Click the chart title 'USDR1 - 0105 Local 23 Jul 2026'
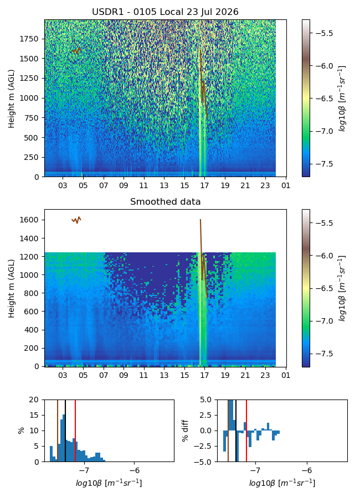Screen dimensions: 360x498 (165, 12)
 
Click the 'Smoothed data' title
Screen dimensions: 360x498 (165, 201)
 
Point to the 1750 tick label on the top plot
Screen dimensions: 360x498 (29, 39)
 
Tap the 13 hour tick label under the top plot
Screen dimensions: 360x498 (164, 185)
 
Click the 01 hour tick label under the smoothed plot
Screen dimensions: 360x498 (286, 375)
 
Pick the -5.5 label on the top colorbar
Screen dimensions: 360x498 (322, 33)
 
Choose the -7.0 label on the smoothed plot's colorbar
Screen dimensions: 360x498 (322, 321)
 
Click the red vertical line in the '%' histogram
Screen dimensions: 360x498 (75, 430)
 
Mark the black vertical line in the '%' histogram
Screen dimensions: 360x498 (65, 430)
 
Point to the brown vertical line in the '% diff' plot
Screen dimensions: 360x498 (228, 430)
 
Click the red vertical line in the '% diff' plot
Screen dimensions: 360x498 (246, 430)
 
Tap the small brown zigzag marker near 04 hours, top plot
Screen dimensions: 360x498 (76, 51)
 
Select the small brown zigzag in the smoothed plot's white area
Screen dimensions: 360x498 (76, 220)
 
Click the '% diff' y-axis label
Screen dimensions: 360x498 (185, 430)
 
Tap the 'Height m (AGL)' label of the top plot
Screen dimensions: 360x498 (12, 98)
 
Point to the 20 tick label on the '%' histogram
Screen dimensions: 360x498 (34, 400)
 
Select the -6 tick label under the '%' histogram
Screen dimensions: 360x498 (135, 470)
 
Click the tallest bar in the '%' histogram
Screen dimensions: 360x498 (64, 438)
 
